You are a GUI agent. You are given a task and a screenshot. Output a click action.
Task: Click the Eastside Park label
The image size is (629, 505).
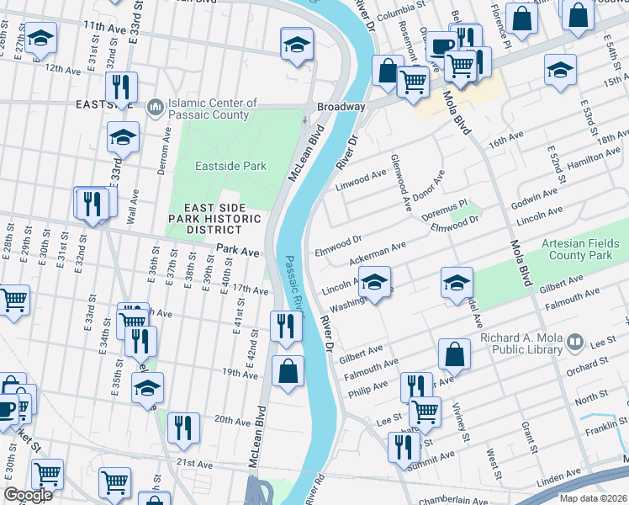231,167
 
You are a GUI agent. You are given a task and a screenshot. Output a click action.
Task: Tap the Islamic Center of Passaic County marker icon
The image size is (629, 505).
155,107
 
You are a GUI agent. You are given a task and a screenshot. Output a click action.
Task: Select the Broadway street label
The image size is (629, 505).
341,108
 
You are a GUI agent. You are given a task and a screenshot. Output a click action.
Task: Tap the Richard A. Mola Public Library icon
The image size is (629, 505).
575,342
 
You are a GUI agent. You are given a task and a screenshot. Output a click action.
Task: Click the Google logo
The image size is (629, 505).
29,496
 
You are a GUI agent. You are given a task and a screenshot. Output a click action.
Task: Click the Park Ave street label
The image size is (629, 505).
237,251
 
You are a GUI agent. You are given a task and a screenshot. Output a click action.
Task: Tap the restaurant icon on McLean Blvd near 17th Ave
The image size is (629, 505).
286,325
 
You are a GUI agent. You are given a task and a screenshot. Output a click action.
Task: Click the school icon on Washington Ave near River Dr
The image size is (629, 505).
376,282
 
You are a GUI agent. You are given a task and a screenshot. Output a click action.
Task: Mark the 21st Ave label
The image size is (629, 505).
194,464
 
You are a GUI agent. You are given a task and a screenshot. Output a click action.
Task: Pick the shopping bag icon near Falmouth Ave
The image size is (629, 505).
454,354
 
